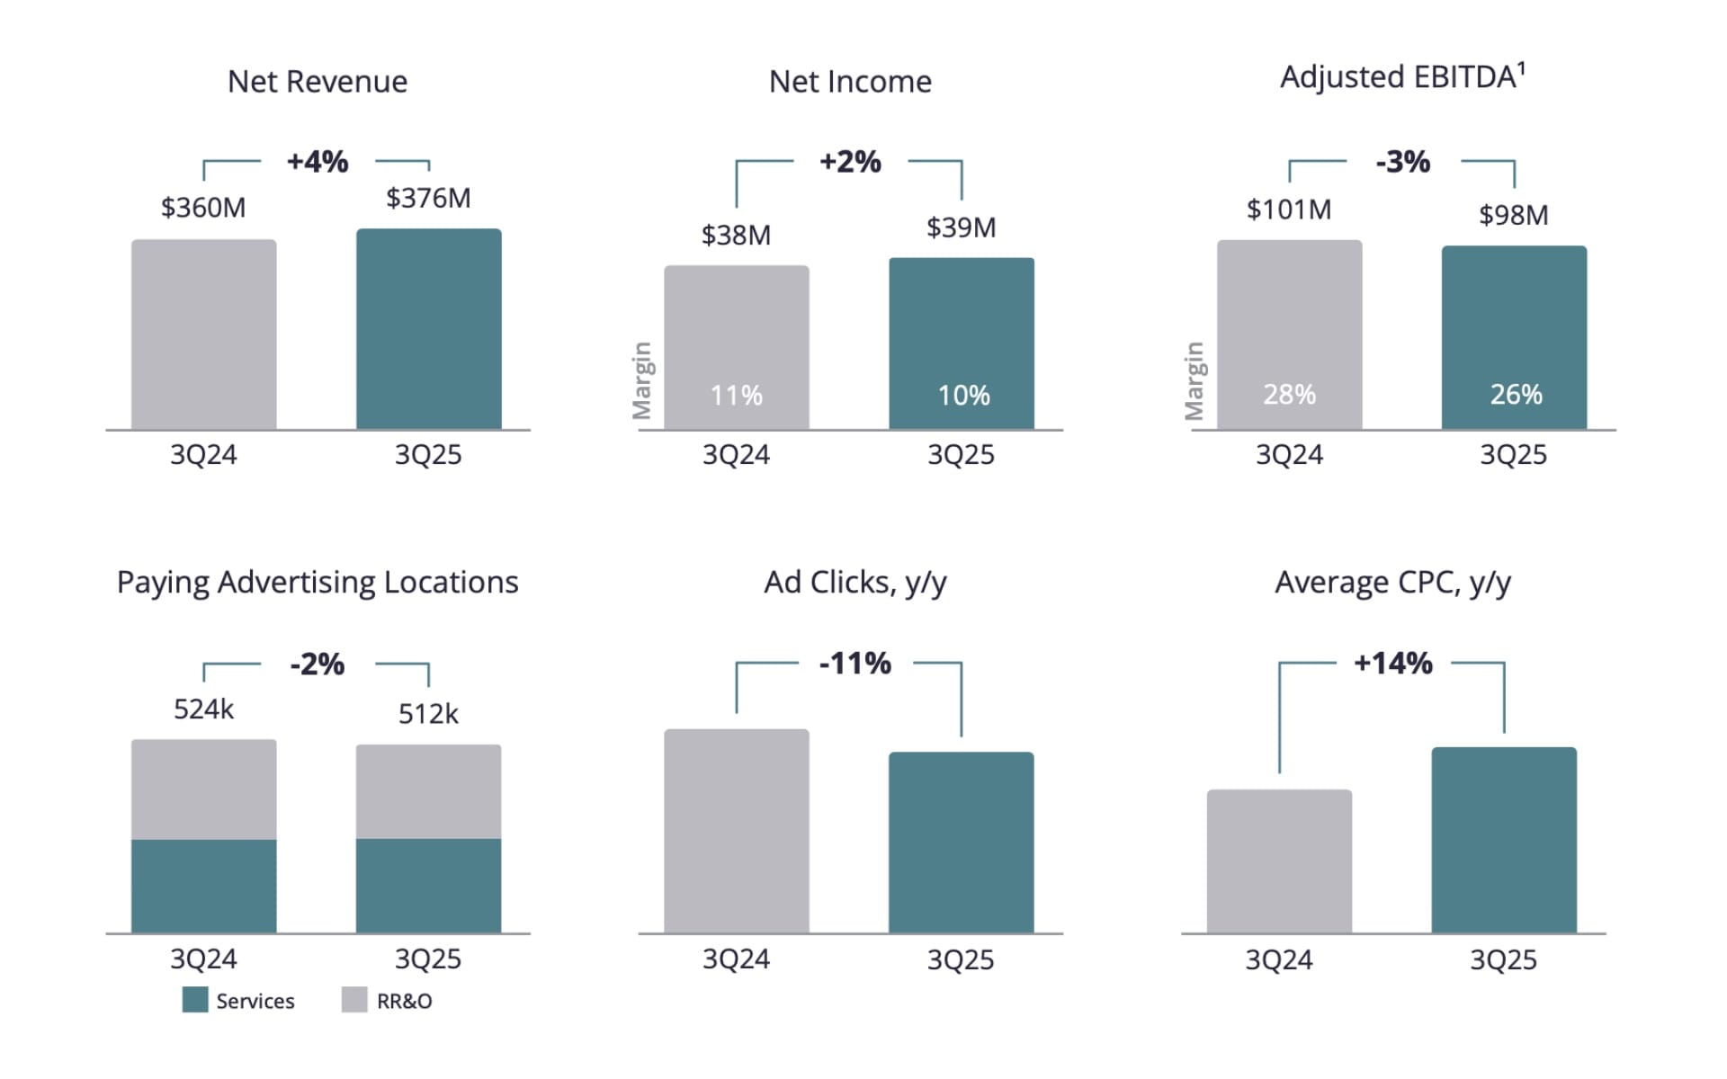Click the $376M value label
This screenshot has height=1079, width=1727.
coord(428,198)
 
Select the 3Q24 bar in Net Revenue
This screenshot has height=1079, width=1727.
coord(203,334)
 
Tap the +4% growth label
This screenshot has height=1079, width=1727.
coord(317,162)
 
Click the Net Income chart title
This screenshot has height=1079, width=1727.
coord(850,82)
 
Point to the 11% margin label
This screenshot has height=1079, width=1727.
coord(736,395)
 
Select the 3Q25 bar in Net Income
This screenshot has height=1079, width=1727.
coord(962,343)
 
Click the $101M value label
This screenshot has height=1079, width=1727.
coord(1288,210)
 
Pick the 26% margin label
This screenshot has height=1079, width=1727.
coord(1516,394)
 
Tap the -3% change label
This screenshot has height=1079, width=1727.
coord(1402,162)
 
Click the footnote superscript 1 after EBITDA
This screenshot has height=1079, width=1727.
coord(1521,67)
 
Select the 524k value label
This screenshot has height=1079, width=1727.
coord(203,709)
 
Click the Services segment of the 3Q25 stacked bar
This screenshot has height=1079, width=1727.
coord(428,886)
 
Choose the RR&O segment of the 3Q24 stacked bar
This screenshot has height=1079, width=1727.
coord(203,789)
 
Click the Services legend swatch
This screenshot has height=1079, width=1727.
coord(194,1000)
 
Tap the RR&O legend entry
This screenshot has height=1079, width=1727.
coord(387,1001)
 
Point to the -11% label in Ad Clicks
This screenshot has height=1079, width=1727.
coord(855,664)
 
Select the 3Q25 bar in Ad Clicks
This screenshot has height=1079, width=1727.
coord(962,843)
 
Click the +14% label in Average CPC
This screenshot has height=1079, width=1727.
coord(1392,664)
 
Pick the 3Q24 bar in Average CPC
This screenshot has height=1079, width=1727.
coord(1279,861)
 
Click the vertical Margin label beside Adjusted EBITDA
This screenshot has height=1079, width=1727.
coord(1194,380)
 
